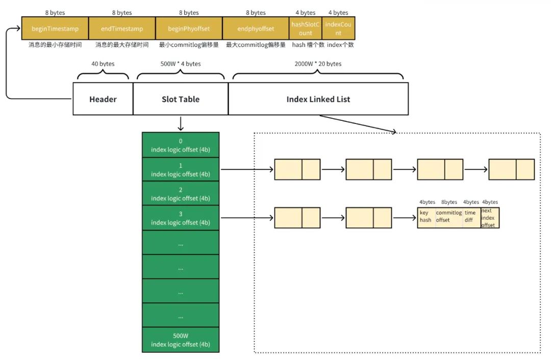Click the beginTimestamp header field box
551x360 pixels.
click(x=55, y=29)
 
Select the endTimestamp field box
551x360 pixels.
click(x=122, y=29)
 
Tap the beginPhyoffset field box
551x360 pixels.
click(x=189, y=29)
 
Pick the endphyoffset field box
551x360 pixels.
click(x=256, y=29)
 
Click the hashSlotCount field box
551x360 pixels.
click(x=306, y=29)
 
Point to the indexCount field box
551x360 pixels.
click(x=338, y=29)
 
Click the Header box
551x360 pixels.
click(x=103, y=99)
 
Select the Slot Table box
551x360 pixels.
click(x=181, y=99)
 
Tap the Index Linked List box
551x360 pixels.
click(x=318, y=99)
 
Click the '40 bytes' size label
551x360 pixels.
click(x=103, y=64)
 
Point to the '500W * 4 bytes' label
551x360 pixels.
click(x=181, y=64)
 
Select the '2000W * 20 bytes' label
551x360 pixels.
click(x=318, y=64)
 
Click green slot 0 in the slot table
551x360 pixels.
click(x=181, y=145)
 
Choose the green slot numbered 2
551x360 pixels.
click(x=181, y=194)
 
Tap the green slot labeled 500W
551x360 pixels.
click(x=181, y=340)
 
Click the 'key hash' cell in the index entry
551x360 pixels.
click(x=426, y=217)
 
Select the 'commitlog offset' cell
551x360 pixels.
click(x=449, y=217)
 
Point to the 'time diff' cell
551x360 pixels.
click(x=471, y=217)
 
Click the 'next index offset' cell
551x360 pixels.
click(x=490, y=218)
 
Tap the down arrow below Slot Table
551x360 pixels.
click(x=181, y=123)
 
